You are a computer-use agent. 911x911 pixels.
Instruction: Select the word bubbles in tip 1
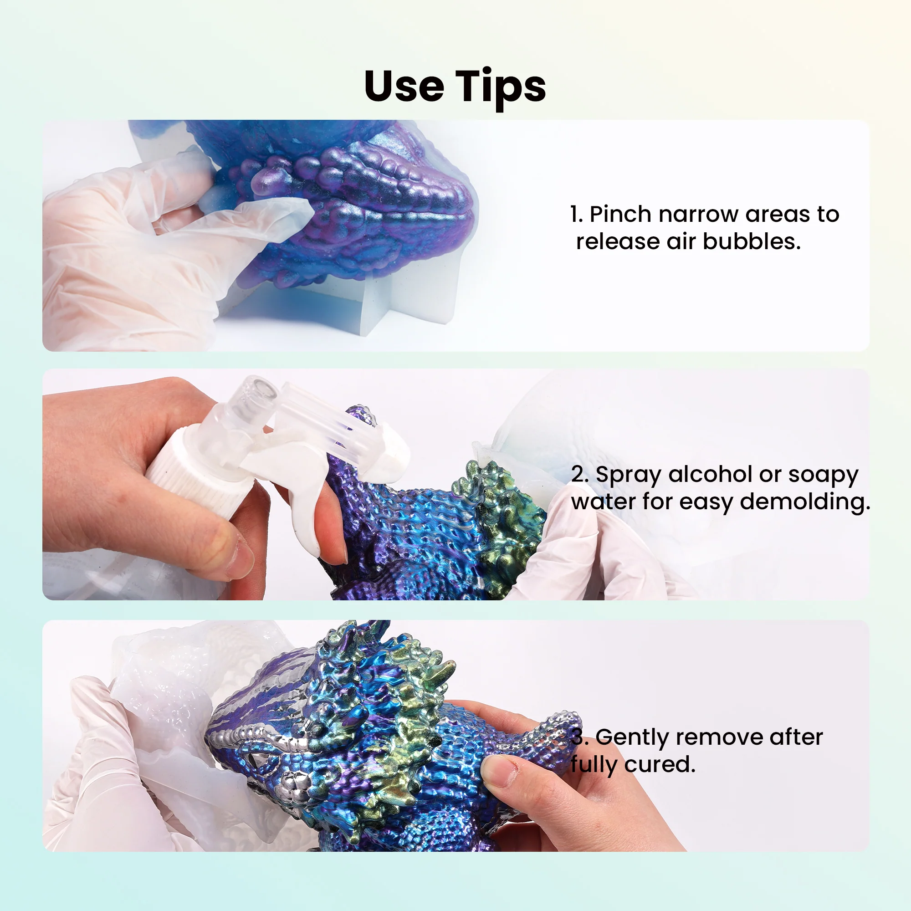tap(752, 242)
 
